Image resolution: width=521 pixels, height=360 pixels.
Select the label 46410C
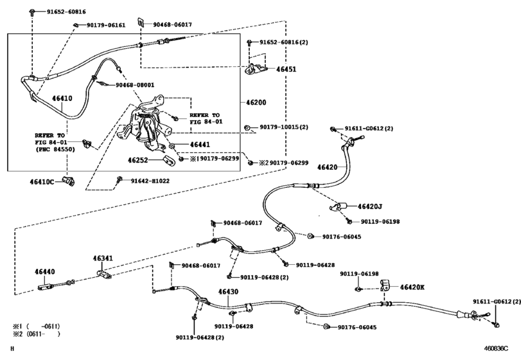point(44,183)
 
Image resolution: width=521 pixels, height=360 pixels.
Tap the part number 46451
point(287,69)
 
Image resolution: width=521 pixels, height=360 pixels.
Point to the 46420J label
point(371,206)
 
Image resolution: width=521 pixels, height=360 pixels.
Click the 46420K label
point(412,287)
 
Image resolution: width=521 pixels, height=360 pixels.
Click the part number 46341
point(103,259)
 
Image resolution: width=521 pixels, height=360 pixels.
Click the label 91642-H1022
point(150,181)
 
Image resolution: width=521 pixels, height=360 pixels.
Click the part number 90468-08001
point(135,85)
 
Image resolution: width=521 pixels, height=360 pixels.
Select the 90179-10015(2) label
point(284,127)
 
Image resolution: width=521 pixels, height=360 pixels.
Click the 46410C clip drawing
point(69,182)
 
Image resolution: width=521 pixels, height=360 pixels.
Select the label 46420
point(327,166)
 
